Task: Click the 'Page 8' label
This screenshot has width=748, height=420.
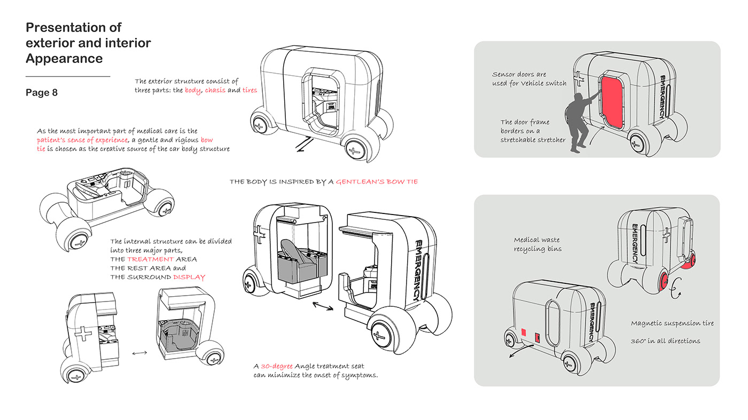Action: (42, 92)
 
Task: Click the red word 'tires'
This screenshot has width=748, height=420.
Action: (250, 90)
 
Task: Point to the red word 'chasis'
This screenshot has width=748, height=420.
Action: (215, 90)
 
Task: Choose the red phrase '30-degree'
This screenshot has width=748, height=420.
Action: (277, 366)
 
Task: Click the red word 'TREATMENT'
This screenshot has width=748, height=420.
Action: (150, 259)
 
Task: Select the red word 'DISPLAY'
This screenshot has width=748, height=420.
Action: (189, 277)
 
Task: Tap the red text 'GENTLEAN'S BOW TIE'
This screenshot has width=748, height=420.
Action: (377, 181)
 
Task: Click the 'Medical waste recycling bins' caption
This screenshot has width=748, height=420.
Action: (537, 244)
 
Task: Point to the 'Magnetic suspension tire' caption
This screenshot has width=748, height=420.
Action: (672, 323)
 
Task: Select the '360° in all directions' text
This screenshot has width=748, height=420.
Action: (665, 341)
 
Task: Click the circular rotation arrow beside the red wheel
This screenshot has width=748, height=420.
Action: (676, 288)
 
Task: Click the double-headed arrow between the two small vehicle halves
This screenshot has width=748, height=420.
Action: (139, 353)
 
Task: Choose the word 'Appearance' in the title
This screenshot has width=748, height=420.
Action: (64, 58)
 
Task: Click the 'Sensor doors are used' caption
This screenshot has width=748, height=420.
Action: (529, 79)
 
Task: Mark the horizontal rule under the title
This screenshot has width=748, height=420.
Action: (68, 76)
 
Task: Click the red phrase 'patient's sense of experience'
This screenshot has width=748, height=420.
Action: (82, 140)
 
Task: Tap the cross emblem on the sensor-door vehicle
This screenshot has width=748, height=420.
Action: (579, 79)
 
